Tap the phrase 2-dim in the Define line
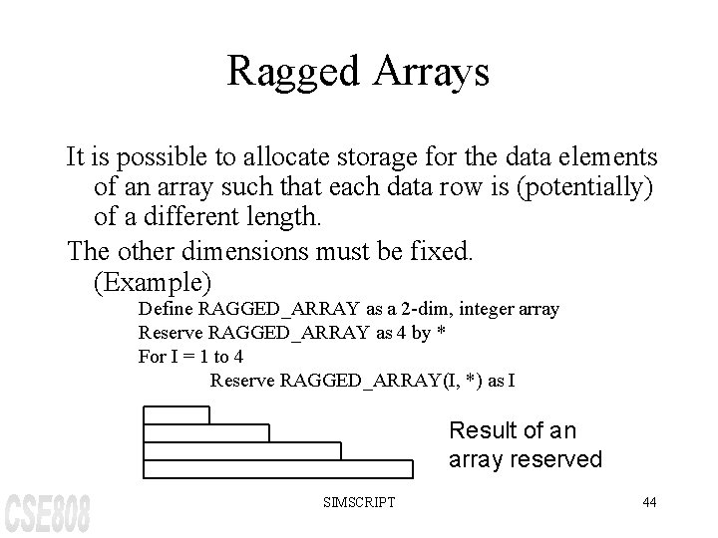coord(397,310)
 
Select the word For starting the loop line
coord(150,356)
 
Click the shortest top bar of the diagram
coord(177,414)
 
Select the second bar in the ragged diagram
coord(206,432)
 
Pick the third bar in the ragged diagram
coord(242,450)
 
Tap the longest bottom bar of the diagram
coord(278,468)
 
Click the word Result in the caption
coord(482,430)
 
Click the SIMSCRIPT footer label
coord(359,502)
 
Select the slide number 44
coord(648,502)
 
